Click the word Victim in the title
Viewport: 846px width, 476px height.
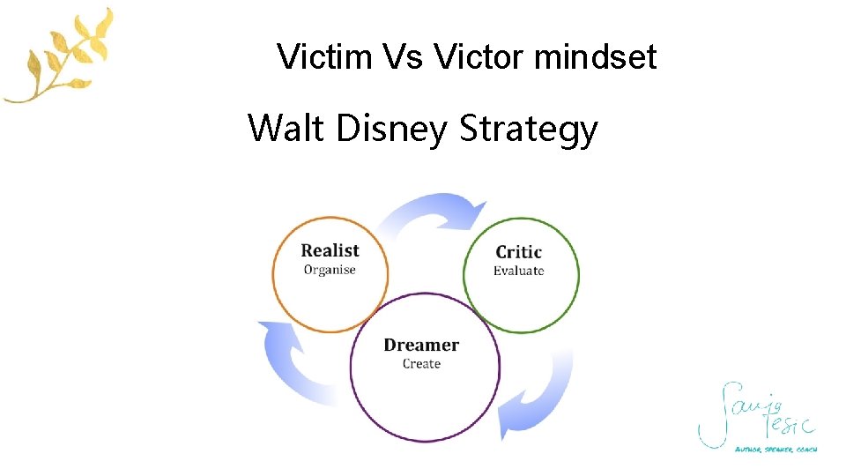coord(325,57)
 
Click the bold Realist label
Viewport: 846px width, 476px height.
coord(330,250)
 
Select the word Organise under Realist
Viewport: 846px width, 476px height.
coord(330,270)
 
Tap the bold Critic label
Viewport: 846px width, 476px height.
coord(518,252)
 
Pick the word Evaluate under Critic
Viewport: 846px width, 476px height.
coord(518,271)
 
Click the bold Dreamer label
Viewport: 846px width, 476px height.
coord(421,345)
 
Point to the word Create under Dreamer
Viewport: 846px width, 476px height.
coord(421,363)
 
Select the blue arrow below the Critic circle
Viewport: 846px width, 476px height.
coord(538,397)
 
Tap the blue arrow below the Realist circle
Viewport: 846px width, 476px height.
coord(291,361)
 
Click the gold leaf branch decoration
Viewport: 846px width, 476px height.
coord(62,57)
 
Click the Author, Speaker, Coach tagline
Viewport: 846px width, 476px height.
coord(775,450)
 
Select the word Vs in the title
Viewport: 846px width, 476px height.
coord(407,57)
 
